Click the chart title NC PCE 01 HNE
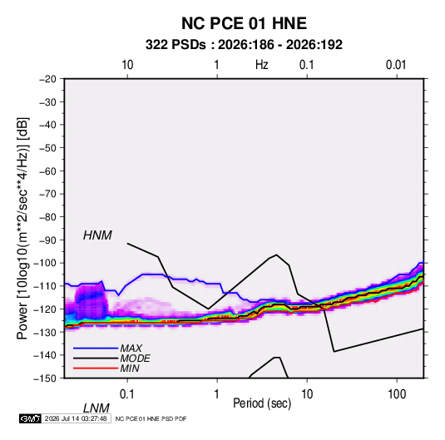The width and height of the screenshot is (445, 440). tap(244, 23)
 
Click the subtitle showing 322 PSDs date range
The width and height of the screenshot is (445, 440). tap(244, 45)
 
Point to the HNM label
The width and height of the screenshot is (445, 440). tap(97, 235)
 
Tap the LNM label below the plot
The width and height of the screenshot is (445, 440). tap(96, 408)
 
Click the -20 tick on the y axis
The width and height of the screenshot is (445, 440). tap(47, 79)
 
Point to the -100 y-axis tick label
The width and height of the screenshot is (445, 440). tap(45, 263)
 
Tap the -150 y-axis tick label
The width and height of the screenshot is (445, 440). tap(45, 378)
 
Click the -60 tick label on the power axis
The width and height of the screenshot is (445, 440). tap(47, 171)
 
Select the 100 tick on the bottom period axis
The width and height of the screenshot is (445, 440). tap(397, 394)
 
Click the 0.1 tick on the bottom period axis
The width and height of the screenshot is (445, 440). tap(127, 394)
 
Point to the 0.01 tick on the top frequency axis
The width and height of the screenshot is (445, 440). tap(396, 65)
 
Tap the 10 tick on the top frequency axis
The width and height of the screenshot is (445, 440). tap(127, 65)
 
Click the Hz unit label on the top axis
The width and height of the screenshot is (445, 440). tap(262, 65)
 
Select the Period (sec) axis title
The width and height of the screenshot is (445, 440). tap(262, 403)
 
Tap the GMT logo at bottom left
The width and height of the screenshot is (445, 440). tap(31, 418)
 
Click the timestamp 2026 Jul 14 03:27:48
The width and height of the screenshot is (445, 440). tap(76, 418)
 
